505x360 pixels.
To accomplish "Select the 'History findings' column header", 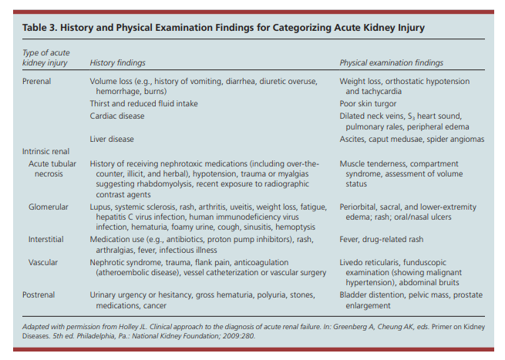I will point(117,62).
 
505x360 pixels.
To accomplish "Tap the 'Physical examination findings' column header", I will point(392,62).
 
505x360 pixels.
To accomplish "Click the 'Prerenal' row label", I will point(38,80).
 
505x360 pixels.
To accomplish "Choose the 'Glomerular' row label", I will point(49,207).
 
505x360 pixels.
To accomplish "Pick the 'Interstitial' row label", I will point(46,240).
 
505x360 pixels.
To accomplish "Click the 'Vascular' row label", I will point(43,262).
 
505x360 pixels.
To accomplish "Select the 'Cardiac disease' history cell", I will point(116,116).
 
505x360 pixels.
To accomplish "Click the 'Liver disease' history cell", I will point(112,139).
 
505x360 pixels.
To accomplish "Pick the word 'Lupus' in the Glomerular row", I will point(101,207).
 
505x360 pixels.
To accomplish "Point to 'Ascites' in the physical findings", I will point(352,139).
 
